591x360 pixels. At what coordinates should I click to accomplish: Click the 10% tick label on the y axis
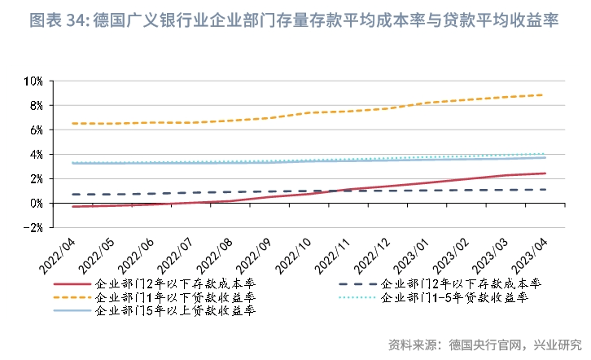tap(32, 81)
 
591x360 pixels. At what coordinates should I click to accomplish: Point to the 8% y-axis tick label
tap(34, 106)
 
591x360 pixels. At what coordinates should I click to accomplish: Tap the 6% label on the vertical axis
tap(34, 130)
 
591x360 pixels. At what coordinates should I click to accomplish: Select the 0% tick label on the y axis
tap(34, 203)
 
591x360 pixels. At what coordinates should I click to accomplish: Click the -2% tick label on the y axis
tap(33, 227)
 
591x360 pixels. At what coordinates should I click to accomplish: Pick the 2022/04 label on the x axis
tap(56, 254)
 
